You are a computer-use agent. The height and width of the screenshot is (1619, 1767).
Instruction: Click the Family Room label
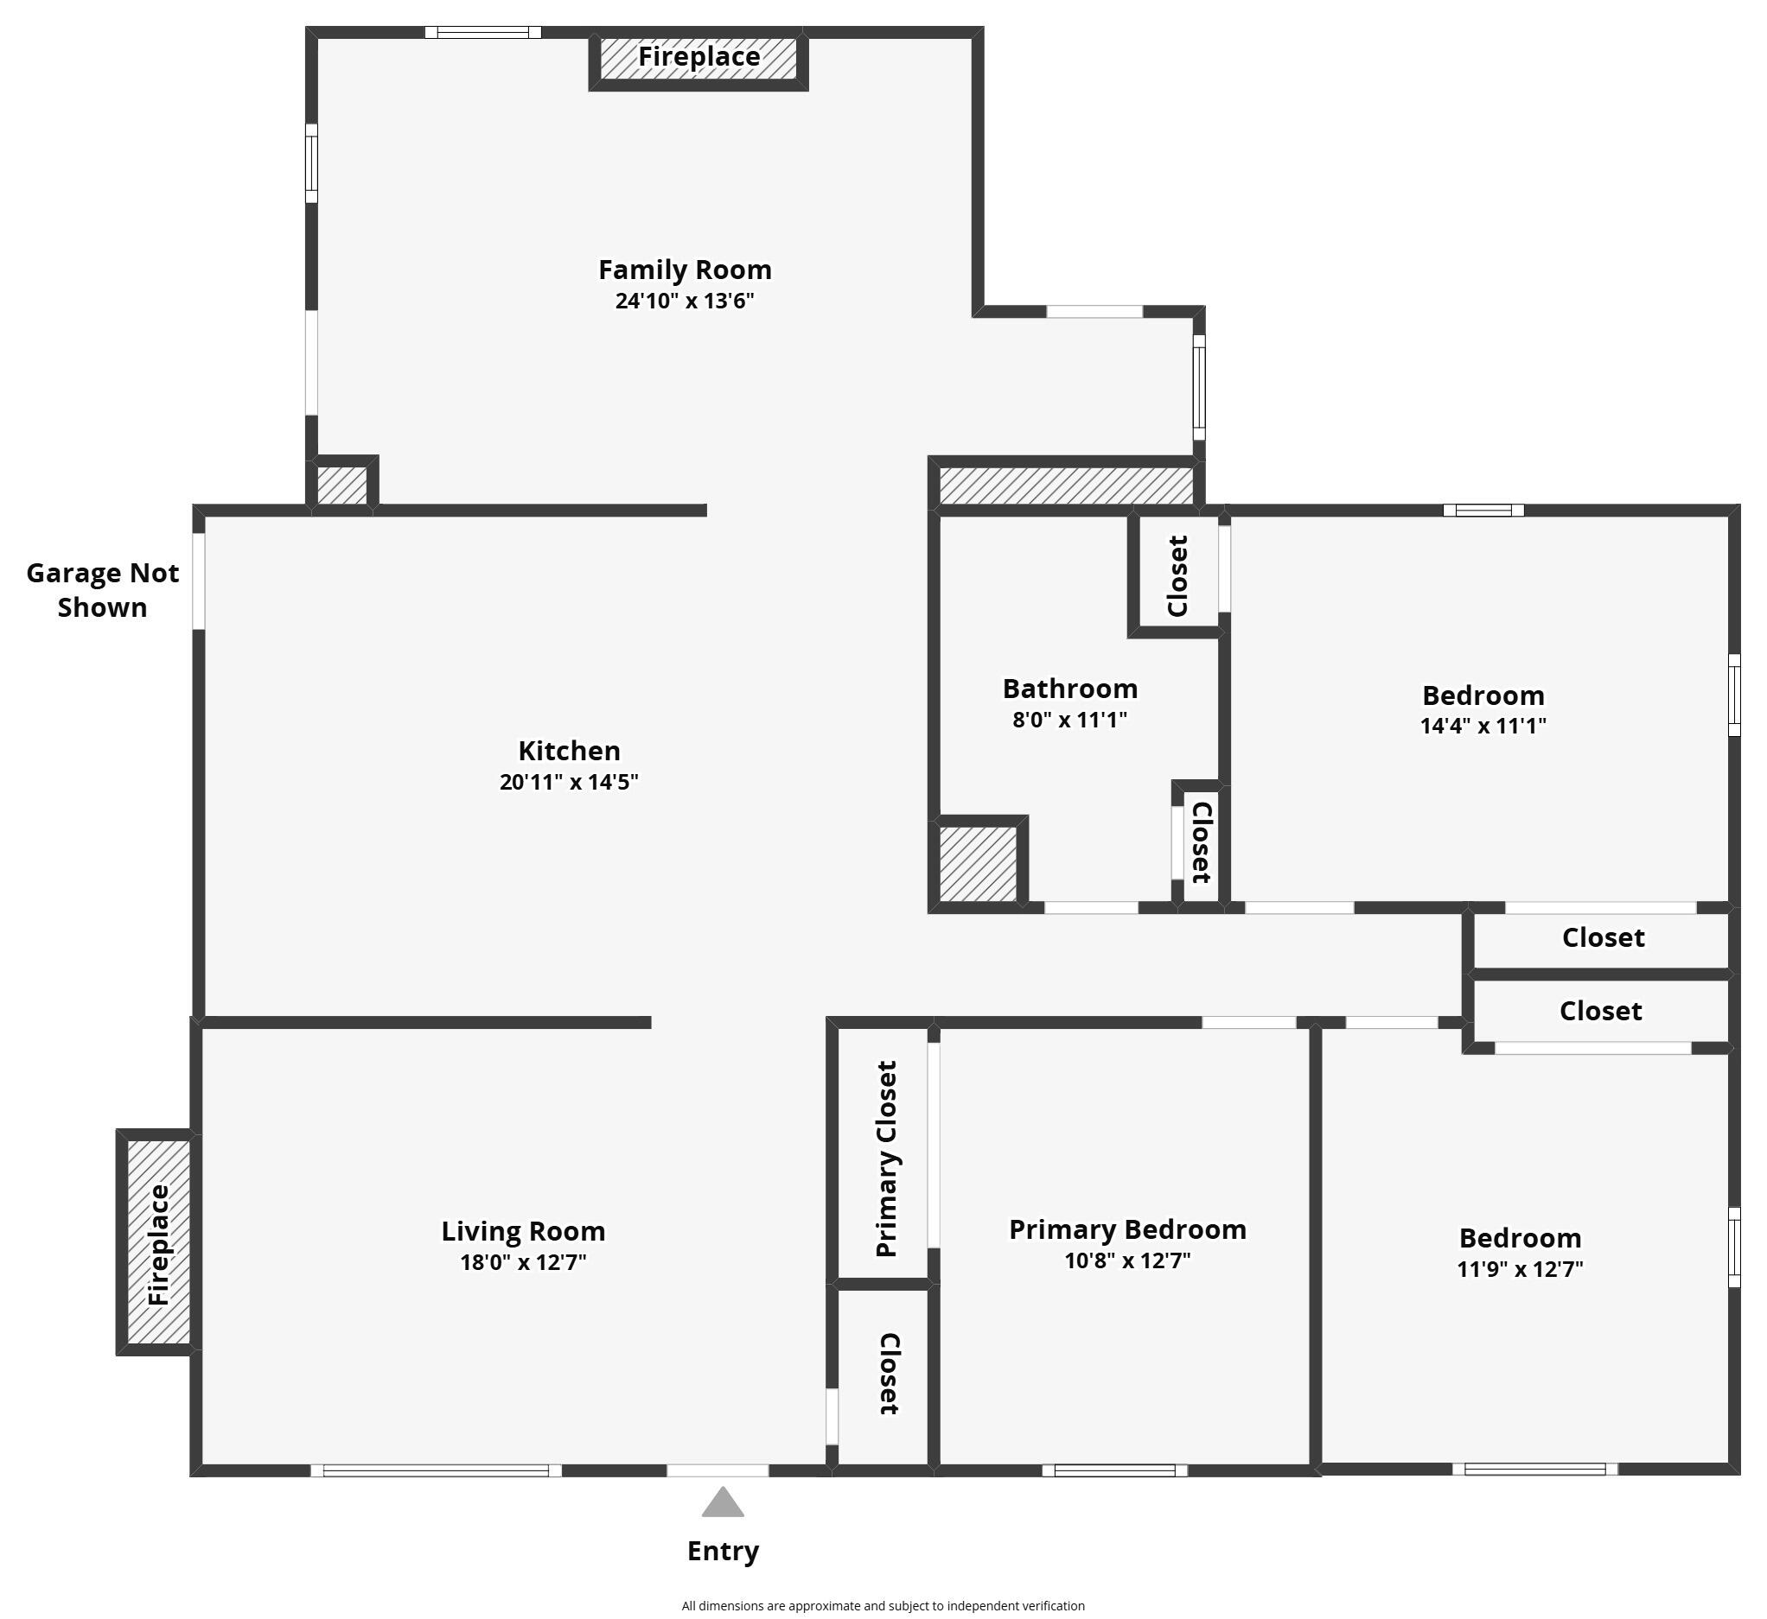[x=685, y=270]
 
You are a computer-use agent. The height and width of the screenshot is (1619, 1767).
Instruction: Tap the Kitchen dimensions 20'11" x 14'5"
[x=568, y=782]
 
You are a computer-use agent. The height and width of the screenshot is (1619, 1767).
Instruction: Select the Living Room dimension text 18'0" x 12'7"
[x=523, y=1261]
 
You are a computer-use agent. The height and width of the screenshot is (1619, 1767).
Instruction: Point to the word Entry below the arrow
[x=722, y=1551]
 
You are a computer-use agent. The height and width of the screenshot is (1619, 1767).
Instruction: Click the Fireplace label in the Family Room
[x=699, y=57]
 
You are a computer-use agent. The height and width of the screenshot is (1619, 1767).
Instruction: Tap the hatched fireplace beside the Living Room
[x=157, y=1241]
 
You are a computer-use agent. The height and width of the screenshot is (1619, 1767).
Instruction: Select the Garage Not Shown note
[x=103, y=589]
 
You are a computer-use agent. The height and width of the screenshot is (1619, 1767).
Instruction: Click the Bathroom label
[x=1069, y=689]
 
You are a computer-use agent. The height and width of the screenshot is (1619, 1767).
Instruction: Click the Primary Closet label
[x=886, y=1159]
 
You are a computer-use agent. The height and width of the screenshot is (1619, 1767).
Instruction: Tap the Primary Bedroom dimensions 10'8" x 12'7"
[x=1127, y=1260]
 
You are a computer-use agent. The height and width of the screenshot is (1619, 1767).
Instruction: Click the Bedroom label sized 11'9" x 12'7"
[x=1520, y=1238]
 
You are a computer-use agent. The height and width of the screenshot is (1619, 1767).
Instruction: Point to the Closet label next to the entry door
[x=888, y=1374]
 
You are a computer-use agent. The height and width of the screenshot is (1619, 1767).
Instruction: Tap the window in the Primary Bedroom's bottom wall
[x=1114, y=1471]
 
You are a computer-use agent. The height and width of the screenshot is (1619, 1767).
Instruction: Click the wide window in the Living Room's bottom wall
[x=436, y=1471]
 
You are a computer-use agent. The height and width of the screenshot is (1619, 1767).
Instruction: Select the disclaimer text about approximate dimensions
[x=883, y=1606]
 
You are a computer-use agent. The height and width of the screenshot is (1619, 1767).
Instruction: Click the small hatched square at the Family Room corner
[x=341, y=486]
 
